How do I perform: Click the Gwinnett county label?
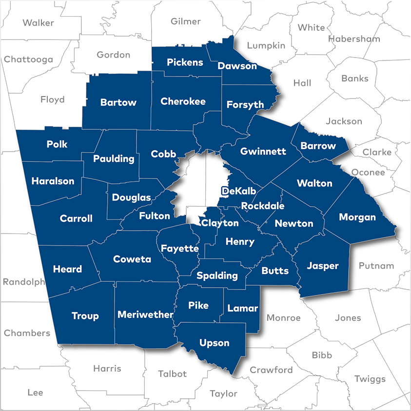pyautogui.click(x=263, y=151)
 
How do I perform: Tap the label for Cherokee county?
pyautogui.click(x=183, y=101)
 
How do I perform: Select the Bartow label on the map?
pyautogui.click(x=118, y=102)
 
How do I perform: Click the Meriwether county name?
pyautogui.click(x=145, y=314)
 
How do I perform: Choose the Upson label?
pyautogui.click(x=214, y=343)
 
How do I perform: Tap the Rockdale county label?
pyautogui.click(x=263, y=206)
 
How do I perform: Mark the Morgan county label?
pyautogui.click(x=357, y=217)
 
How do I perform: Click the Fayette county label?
pyautogui.click(x=180, y=248)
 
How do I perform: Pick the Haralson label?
pyautogui.click(x=53, y=181)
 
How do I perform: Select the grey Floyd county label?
pyautogui.click(x=52, y=99)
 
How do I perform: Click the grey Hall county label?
pyautogui.click(x=302, y=83)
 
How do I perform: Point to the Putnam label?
pyautogui.click(x=376, y=266)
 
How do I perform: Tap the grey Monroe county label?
pyautogui.click(x=283, y=317)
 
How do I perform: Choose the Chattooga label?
pyautogui.click(x=28, y=59)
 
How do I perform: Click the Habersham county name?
pyautogui.click(x=354, y=39)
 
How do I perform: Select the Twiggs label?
pyautogui.click(x=370, y=379)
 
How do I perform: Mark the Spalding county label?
pyautogui.click(x=217, y=275)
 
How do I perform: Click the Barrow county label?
pyautogui.click(x=318, y=145)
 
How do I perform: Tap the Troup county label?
pyautogui.click(x=85, y=316)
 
